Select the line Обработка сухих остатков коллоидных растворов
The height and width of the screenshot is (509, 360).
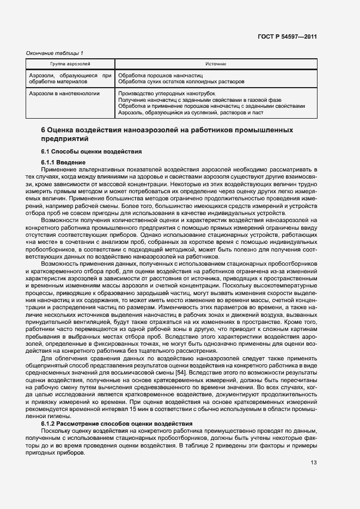pos(181,82)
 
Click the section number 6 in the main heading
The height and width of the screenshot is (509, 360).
pos(44,131)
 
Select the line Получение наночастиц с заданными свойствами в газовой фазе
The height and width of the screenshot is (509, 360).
pos(199,100)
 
